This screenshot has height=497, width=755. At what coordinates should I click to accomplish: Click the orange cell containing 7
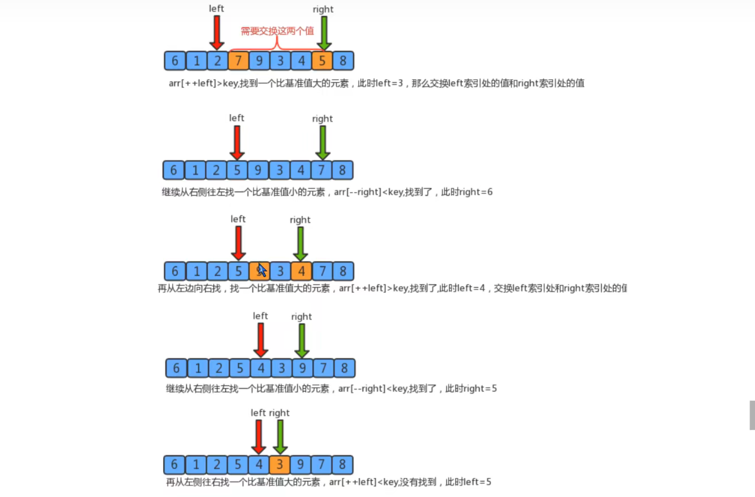(x=239, y=61)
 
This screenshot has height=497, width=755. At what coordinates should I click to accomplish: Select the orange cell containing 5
(x=322, y=61)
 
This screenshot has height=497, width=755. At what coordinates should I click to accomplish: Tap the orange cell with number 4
(x=301, y=271)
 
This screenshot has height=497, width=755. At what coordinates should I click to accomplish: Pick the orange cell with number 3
(x=280, y=464)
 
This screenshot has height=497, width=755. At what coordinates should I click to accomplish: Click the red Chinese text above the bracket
(x=278, y=31)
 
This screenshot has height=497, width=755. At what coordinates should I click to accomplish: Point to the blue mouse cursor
(x=262, y=270)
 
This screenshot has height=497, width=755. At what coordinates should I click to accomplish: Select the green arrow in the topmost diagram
(x=324, y=33)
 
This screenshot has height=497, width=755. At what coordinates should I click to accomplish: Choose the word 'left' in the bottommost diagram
(x=258, y=413)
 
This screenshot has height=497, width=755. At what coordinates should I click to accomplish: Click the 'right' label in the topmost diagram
(x=323, y=9)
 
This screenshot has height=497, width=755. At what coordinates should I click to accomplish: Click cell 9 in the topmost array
(x=259, y=61)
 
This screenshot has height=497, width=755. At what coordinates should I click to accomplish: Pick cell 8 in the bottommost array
(x=342, y=464)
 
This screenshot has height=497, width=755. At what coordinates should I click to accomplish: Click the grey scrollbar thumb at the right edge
(x=752, y=415)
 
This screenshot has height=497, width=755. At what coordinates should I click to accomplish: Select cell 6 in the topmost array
(x=175, y=61)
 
